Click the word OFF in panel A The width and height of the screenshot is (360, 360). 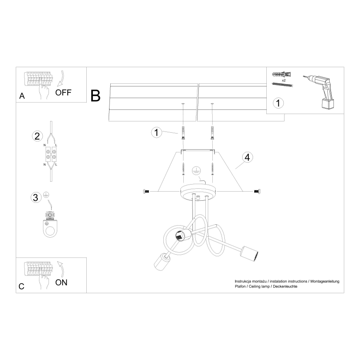(x=63, y=92)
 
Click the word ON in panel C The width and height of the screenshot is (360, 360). (x=61, y=283)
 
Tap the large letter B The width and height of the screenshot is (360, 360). (x=95, y=96)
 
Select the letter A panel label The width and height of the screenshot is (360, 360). (x=22, y=96)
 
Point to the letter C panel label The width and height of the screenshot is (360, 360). (x=22, y=286)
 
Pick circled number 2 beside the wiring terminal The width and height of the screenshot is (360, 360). (x=37, y=136)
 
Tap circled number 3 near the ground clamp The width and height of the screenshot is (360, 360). (x=37, y=197)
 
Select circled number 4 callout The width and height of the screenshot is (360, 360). (x=247, y=158)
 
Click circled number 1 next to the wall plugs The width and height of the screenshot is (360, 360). (x=156, y=133)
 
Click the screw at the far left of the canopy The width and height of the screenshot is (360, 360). (x=146, y=191)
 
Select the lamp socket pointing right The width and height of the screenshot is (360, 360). (x=250, y=253)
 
